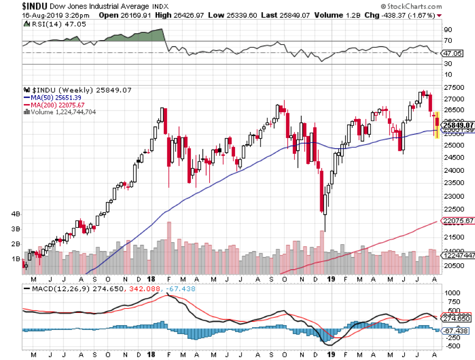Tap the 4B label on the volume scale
click(15, 214)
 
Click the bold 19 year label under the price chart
click(331, 279)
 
